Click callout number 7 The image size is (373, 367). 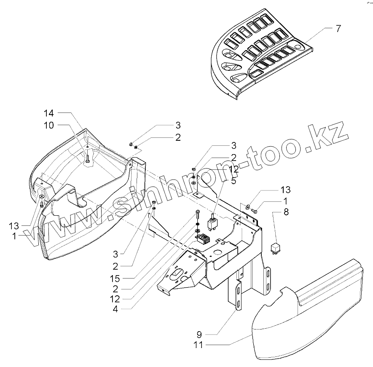338,29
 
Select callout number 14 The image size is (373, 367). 49,113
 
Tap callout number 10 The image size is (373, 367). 49,125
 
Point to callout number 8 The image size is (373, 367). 286,213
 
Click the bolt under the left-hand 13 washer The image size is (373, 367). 41,205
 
